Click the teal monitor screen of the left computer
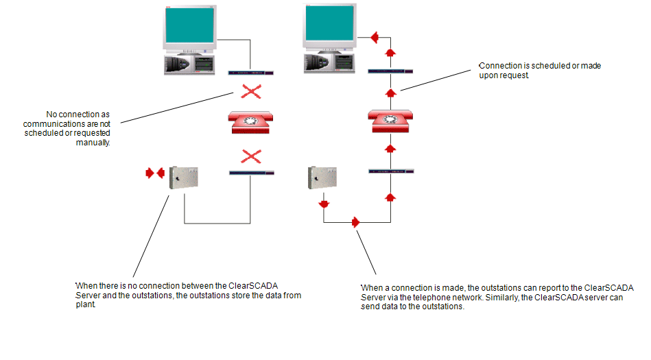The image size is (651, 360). pos(190,25)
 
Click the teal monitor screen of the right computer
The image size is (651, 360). pos(330,23)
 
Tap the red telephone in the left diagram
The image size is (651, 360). pos(250,122)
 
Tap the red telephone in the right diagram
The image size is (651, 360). pos(390,121)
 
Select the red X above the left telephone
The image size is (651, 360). pos(251,91)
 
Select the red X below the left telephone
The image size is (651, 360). pos(251,156)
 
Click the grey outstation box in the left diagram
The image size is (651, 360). pos(184,178)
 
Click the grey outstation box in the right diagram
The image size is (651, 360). pos(322,178)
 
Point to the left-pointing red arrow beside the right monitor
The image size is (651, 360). pos(375,37)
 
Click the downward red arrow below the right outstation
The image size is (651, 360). pos(324,204)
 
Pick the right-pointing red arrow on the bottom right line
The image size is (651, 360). pos(355,222)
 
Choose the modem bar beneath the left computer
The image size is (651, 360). pos(251,73)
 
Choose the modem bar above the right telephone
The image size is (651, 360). pos(390,71)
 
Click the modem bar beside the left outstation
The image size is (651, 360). pos(252,173)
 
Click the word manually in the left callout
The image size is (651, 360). pos(93,143)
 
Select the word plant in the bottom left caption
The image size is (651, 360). pos(86,304)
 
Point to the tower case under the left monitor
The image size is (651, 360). pos(189,64)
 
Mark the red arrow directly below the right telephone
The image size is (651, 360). pos(390,148)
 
